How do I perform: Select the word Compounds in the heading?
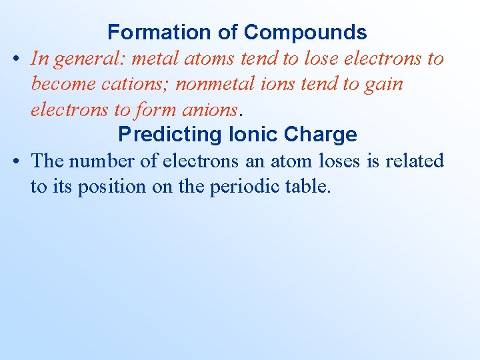305,32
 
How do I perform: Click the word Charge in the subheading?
320,134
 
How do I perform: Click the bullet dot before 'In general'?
17,59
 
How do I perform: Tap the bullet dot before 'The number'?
17,161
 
